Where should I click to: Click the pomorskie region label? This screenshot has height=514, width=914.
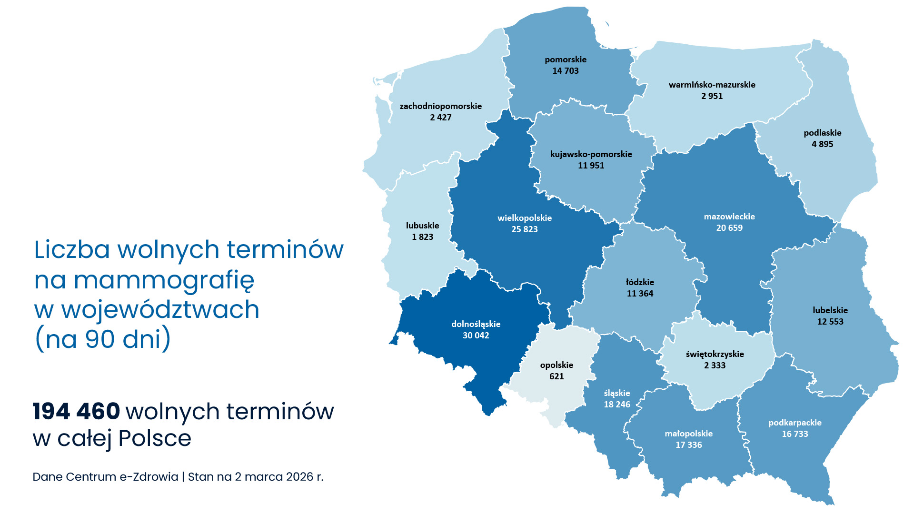(566, 59)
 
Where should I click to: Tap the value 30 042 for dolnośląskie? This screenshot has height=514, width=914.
(476, 336)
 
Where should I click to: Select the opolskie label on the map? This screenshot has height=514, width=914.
(556, 365)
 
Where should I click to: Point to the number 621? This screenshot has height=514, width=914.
(556, 376)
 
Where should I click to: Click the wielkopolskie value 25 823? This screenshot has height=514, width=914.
(525, 229)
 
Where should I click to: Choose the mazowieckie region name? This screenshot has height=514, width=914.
(729, 217)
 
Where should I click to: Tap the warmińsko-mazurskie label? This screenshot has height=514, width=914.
(712, 85)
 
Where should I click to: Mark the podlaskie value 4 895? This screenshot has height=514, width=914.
(822, 144)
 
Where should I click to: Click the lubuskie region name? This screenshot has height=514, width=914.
(422, 226)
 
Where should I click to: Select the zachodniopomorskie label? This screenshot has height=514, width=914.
(440, 106)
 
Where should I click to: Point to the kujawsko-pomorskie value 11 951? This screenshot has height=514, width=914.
(591, 166)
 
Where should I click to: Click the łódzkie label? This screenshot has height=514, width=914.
(640, 282)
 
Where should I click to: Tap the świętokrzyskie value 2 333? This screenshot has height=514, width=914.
(715, 366)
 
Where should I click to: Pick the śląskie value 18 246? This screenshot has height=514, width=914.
(617, 405)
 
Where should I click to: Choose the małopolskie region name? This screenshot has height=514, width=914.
(688, 434)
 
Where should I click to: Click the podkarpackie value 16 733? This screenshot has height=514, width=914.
(795, 434)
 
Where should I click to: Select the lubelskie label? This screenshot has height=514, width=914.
(830, 310)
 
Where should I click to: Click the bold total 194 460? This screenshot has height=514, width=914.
(76, 411)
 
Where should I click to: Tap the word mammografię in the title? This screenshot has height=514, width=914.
(164, 280)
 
